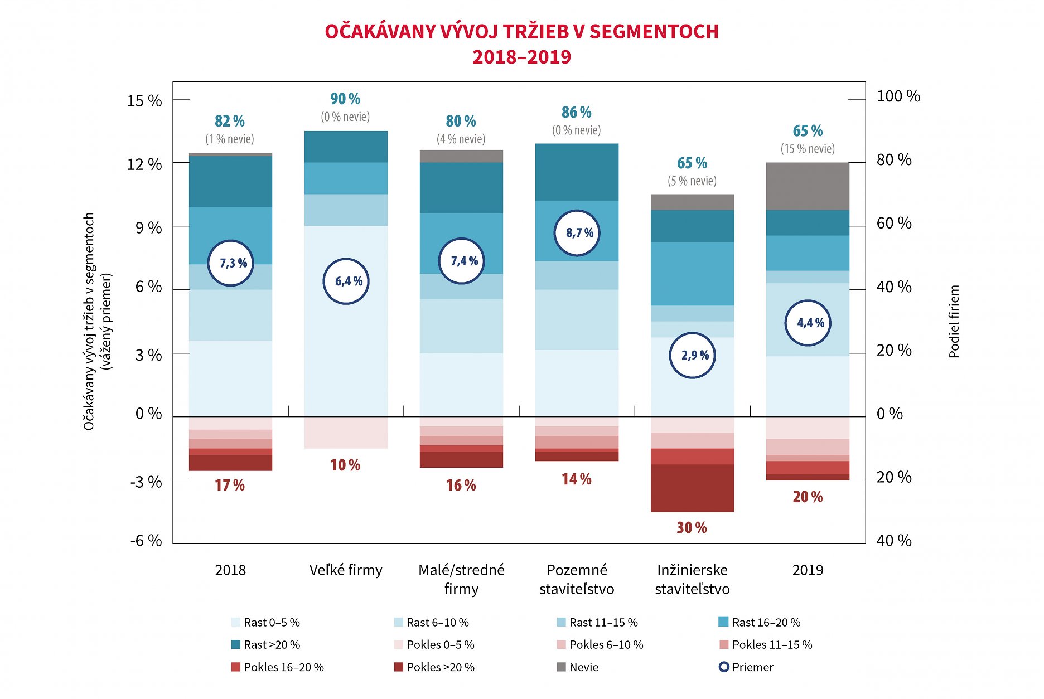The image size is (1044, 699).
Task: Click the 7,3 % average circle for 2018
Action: coord(230,263)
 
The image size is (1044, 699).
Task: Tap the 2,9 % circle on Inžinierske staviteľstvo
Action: coord(692,355)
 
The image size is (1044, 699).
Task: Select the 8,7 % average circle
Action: coord(577,232)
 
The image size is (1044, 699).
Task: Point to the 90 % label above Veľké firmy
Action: coord(345,99)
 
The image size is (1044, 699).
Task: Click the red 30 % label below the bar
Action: coord(692,527)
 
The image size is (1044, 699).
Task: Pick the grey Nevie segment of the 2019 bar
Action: coord(808,186)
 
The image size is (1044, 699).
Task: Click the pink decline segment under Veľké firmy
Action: coord(346,433)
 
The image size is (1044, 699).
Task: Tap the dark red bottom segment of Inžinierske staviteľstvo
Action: coord(692,488)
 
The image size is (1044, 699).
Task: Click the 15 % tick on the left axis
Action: coord(144,101)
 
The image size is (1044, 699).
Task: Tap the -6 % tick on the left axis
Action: coord(146,540)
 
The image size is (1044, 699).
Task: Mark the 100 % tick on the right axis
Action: coord(898,96)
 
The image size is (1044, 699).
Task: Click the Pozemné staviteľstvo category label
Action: coord(577,579)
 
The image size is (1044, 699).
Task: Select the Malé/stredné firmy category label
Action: coord(461,579)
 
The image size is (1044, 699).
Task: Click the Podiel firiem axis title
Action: coord(954,321)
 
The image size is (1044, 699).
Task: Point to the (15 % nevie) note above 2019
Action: coord(808,149)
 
